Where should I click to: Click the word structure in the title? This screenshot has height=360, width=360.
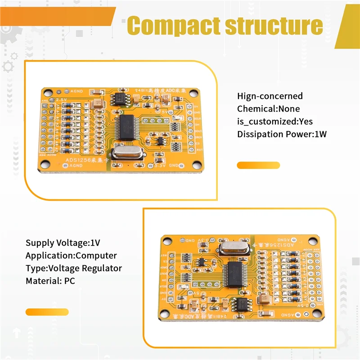coord(274,26)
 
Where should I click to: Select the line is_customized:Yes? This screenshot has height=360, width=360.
coord(274,121)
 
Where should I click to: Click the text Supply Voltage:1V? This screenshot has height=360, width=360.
coord(63,243)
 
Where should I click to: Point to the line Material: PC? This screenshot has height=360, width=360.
coord(50,280)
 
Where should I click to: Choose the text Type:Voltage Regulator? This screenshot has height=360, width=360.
coord(73,268)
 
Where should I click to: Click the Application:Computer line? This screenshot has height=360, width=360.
coord(71,256)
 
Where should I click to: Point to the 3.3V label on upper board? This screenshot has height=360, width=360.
coord(160,166)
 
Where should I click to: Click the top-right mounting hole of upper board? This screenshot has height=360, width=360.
coord(194,94)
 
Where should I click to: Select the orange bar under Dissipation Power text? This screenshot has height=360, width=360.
coord(258,165)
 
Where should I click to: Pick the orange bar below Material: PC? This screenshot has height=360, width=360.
coord(47,312)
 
